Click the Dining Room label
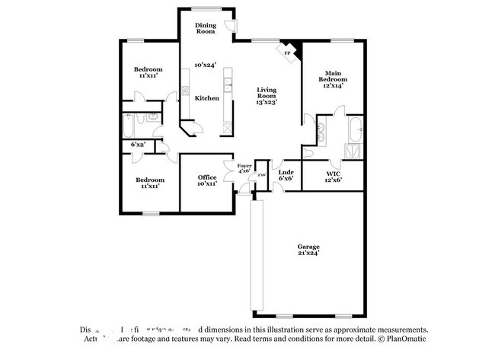[206, 28]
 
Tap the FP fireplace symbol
[288, 53]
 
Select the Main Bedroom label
[332, 76]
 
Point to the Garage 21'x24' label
[308, 250]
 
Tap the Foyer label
[244, 166]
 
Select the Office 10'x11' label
[207, 180]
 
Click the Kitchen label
[206, 98]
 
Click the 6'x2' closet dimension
[139, 144]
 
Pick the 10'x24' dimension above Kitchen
[206, 65]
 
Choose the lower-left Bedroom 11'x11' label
[149, 183]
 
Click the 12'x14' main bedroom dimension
[332, 85]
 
